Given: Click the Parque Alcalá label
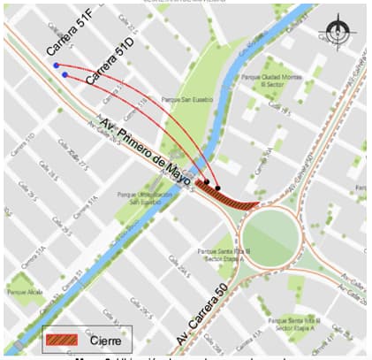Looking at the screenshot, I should click(x=23, y=291).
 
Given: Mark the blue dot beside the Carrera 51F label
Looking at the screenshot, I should click(x=56, y=65).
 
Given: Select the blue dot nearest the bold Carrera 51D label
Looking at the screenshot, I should click(x=65, y=75).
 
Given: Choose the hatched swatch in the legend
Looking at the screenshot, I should click(x=65, y=338).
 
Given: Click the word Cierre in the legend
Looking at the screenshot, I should click(x=107, y=338).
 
